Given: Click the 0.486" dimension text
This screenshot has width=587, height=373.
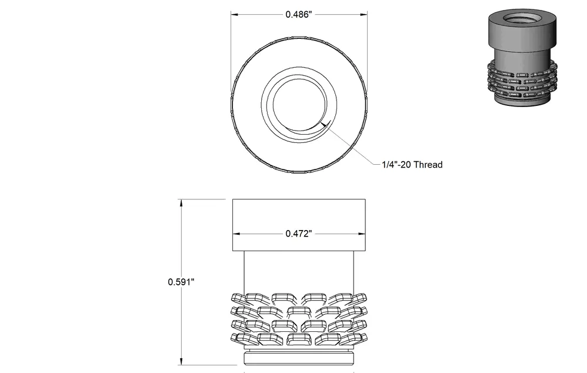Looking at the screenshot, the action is [298, 15].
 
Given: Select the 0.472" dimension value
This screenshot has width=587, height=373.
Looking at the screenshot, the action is [298, 234].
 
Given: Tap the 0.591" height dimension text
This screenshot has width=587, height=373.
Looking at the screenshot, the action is [181, 282].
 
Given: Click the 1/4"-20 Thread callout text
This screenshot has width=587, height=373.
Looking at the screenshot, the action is [412, 165].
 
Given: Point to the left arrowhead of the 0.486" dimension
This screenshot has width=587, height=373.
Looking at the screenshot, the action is [234, 15].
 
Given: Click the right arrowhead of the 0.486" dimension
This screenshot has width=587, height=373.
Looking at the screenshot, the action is [363, 15].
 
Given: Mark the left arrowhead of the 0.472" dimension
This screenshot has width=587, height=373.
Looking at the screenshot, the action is [236, 234].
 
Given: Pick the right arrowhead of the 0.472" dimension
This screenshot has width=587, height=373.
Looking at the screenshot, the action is [362, 234].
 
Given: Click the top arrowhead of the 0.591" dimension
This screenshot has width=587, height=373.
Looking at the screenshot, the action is [182, 203].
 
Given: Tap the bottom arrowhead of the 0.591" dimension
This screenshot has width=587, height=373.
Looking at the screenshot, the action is [182, 361].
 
